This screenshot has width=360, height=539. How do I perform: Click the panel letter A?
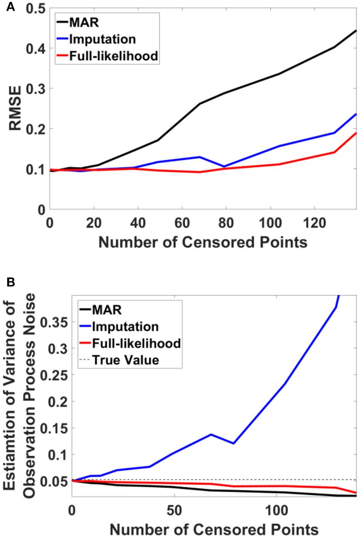coord(10,6)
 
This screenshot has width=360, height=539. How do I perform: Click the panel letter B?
coord(10,282)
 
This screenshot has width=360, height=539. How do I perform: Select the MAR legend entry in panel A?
coord(84,22)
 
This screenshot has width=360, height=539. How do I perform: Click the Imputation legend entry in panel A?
coord(102,39)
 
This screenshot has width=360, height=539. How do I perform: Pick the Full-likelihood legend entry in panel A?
coord(114,56)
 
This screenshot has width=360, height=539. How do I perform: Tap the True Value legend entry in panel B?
coord(125,360)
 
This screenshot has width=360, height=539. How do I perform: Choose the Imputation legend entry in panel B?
coord(125,327)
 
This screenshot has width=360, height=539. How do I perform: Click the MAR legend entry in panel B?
coord(107,309)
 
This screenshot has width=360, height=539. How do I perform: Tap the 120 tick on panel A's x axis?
coord(314,223)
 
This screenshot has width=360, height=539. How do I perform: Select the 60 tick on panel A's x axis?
coord(182,223)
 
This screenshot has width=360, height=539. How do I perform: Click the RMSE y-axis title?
coord(15,108)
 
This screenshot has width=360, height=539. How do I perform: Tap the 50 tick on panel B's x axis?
coord(174,510)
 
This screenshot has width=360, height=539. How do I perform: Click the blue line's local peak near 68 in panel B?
coord(211,434)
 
